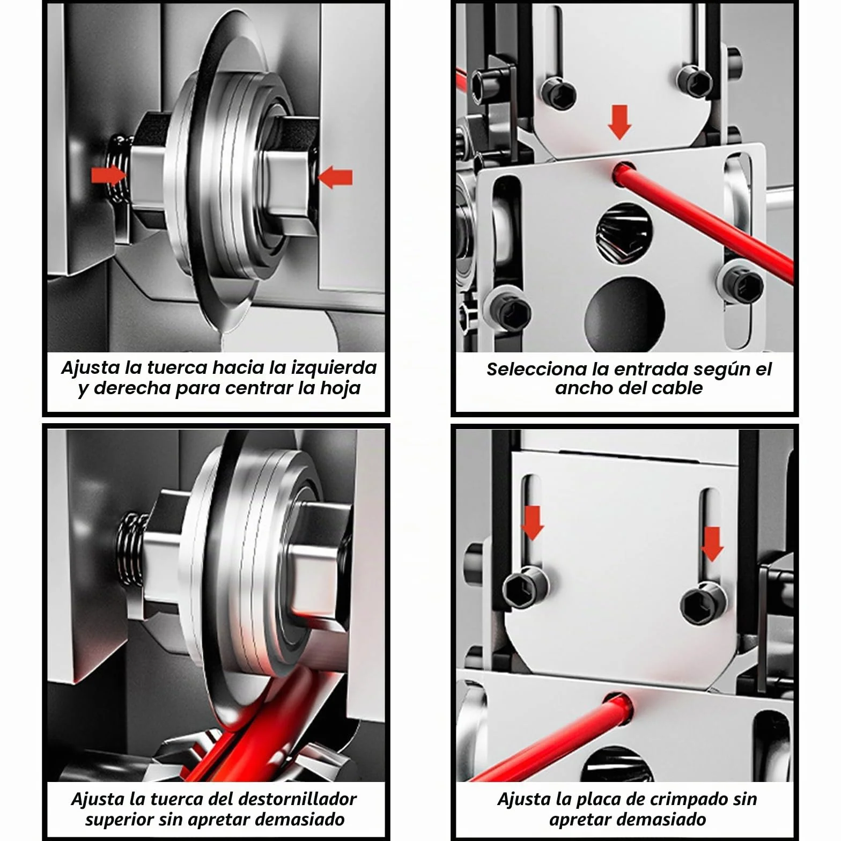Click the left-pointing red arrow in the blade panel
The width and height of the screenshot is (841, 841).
point(335,177)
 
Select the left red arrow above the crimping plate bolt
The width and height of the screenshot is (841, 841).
point(532,522)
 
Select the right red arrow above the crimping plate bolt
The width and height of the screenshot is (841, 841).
point(712,544)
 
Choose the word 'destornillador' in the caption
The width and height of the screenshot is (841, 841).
point(297,799)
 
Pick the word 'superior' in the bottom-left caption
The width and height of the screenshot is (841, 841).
point(119,820)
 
